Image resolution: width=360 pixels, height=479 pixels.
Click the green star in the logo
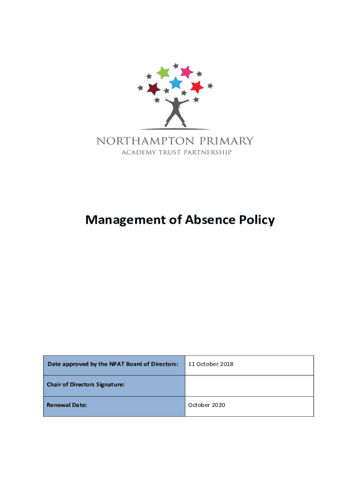[x=163, y=73]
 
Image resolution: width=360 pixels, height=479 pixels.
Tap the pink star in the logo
[x=187, y=72]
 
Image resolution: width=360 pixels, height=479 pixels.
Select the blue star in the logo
[x=175, y=83]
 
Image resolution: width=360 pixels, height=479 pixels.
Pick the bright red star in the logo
[x=197, y=87]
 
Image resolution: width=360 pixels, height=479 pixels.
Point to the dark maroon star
[x=153, y=88]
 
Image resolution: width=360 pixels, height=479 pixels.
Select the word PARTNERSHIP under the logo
[x=207, y=152]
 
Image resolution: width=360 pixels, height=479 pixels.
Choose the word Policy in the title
[x=256, y=220]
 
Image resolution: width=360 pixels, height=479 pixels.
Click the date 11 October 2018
[x=210, y=364]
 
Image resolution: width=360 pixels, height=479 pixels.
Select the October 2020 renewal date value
[x=206, y=405]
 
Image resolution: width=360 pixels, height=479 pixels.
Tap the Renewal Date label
[x=67, y=405]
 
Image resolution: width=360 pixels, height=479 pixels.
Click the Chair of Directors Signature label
[x=86, y=385]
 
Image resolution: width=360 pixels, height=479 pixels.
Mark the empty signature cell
[x=249, y=385]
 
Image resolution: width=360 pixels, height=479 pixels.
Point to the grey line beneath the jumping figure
[x=174, y=129]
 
